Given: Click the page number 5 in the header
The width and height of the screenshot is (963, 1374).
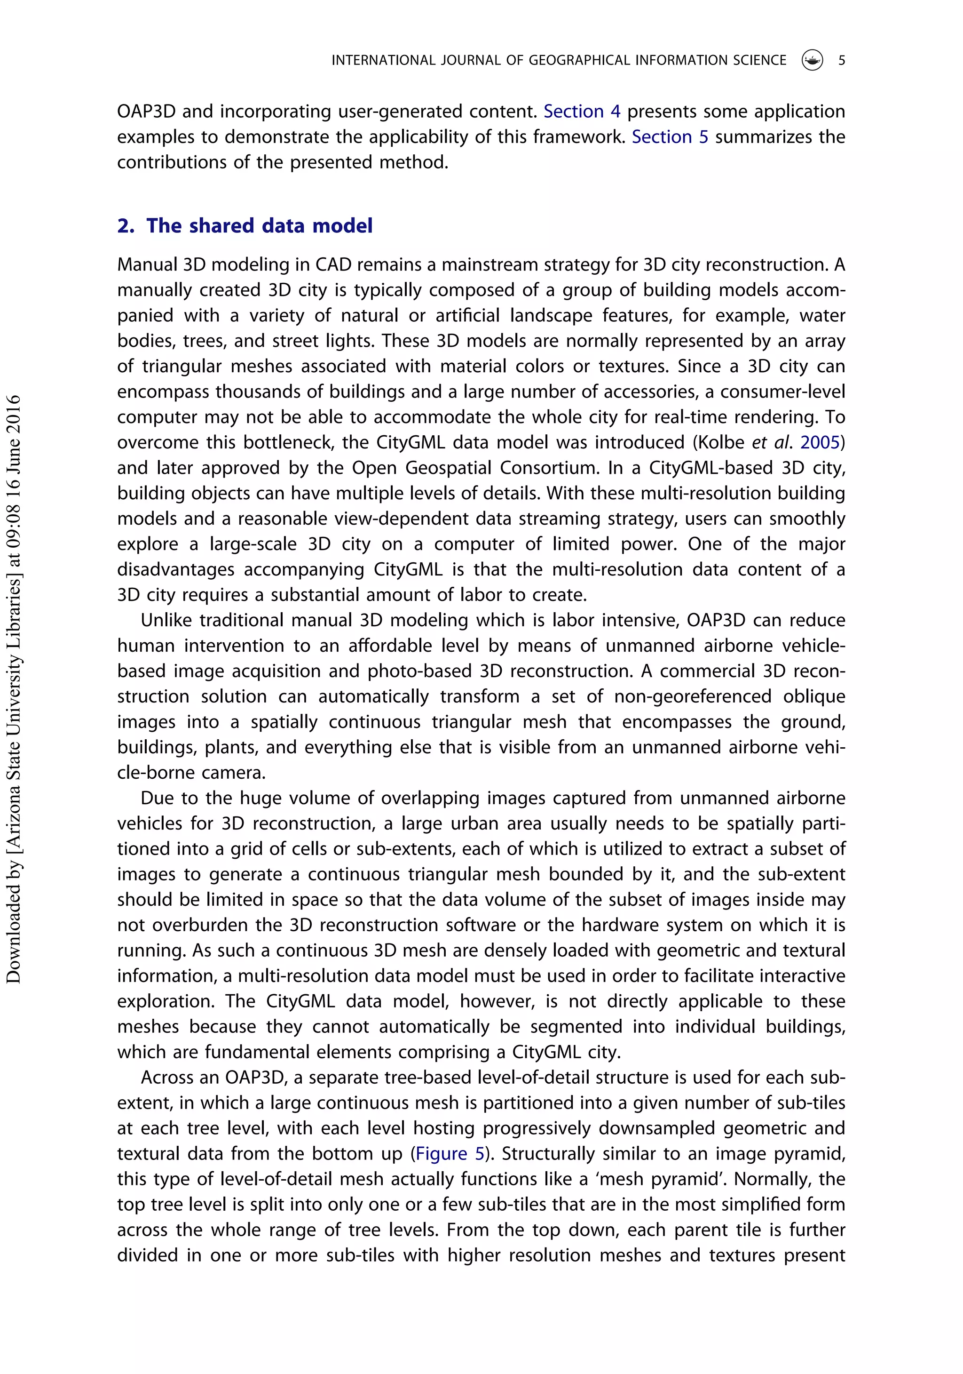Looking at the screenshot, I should pyautogui.click(x=841, y=60).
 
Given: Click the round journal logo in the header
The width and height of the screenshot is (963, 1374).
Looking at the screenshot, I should pyautogui.click(x=812, y=60).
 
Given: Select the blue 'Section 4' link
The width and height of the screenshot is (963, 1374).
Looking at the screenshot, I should pyautogui.click(x=581, y=112).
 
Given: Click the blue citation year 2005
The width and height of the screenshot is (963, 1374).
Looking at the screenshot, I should pyautogui.click(x=820, y=442).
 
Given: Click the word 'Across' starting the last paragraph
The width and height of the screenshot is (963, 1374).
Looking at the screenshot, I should pyautogui.click(x=167, y=1077).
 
